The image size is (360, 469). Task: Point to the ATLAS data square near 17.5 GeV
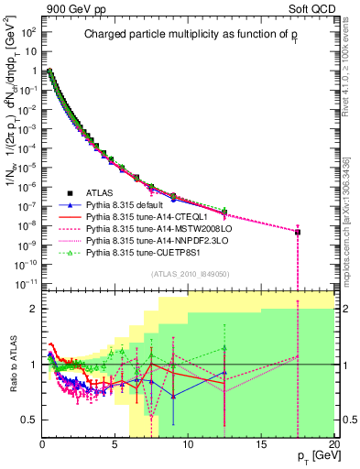pos(298,232)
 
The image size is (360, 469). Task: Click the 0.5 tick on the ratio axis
pos(28,420)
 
